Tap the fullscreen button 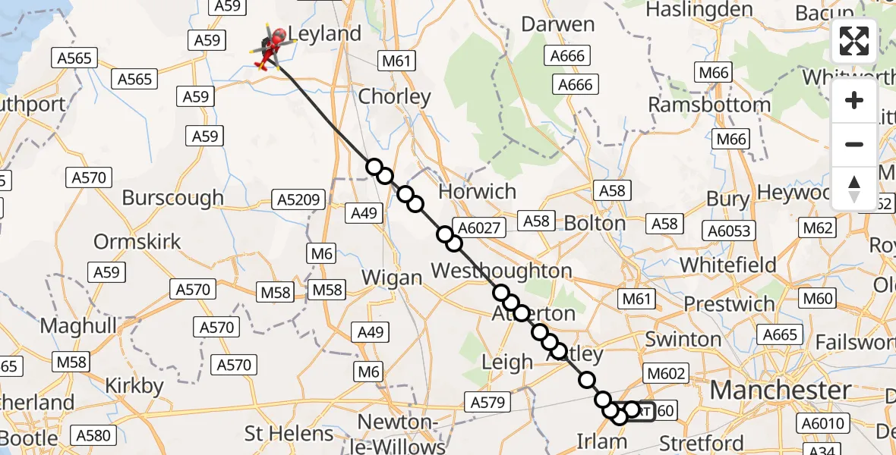click(x=854, y=41)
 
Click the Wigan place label click(x=391, y=278)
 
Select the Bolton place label click(x=595, y=224)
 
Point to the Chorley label click(x=394, y=97)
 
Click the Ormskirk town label click(x=137, y=242)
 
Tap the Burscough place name click(x=172, y=198)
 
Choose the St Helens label click(x=289, y=434)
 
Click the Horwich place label click(x=478, y=191)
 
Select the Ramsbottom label click(x=709, y=105)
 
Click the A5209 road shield click(x=300, y=200)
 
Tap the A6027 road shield click(x=477, y=226)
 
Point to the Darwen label click(x=558, y=24)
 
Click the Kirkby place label click(x=134, y=386)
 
